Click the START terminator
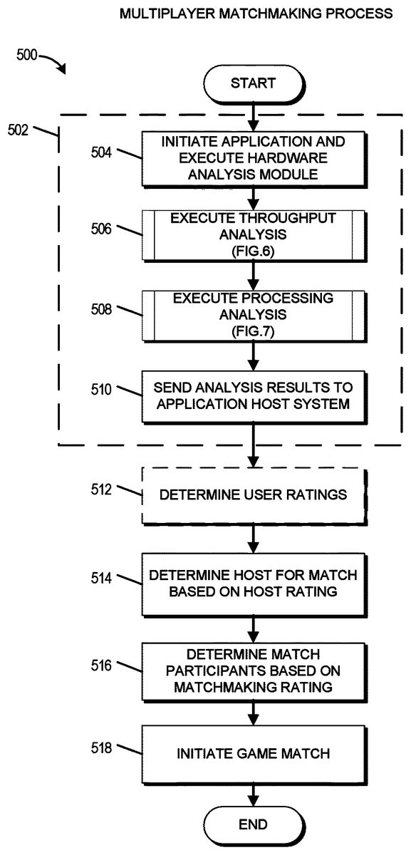[254, 83]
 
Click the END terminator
[254, 825]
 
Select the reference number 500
[27, 55]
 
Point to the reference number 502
[18, 130]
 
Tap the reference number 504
[101, 152]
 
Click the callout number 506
[101, 229]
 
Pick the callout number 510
[101, 389]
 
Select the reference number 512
[101, 489]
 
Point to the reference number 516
[101, 665]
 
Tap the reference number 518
[101, 747]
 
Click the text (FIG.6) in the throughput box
[253, 251]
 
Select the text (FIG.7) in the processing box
[253, 331]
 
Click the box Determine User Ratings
[254, 496]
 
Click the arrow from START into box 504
[253, 117]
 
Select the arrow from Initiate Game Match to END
[253, 795]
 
